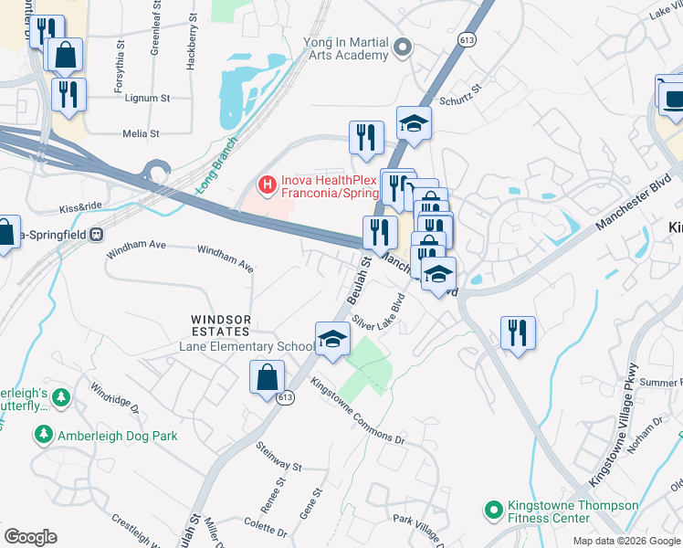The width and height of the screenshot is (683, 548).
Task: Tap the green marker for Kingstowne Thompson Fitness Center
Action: coord(494,510)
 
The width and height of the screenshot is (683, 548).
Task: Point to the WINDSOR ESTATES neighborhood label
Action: coord(220,325)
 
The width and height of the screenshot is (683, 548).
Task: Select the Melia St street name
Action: coord(142,133)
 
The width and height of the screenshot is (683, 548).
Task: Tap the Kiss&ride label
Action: coord(81,207)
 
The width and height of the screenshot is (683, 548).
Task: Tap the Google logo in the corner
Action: coord(30,537)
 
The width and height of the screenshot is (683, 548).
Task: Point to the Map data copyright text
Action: coord(625,541)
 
